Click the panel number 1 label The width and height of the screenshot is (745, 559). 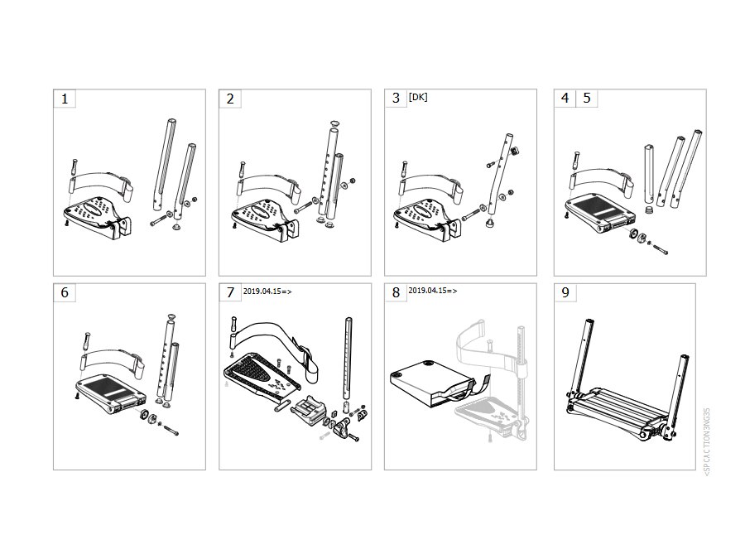(65, 99)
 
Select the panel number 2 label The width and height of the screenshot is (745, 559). (230, 99)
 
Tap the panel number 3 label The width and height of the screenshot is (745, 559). (396, 99)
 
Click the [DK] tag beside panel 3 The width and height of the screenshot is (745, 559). (418, 97)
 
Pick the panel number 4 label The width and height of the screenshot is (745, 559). (565, 98)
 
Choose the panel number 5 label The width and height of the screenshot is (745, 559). (587, 98)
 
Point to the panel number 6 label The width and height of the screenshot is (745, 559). (65, 292)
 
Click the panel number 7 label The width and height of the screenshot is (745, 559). (230, 292)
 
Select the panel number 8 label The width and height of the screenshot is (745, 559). (396, 292)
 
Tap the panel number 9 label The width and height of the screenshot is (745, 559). (565, 292)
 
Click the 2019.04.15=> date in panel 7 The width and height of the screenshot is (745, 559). (267, 292)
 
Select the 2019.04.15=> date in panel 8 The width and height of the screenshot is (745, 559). (433, 291)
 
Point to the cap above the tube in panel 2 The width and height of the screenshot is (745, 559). (335, 123)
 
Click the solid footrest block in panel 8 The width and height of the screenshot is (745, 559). (430, 383)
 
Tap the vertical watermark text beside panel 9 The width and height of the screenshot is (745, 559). (707, 441)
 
